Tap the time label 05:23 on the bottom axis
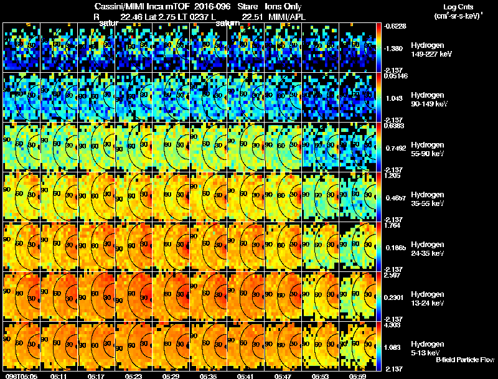(134, 376)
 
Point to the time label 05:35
(209, 376)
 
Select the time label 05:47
(283, 376)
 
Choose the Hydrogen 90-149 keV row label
(430, 100)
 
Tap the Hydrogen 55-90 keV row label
(428, 149)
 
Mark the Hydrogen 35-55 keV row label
(428, 199)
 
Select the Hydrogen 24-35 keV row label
(428, 249)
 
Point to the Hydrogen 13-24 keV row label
(428, 299)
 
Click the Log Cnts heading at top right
(459, 7)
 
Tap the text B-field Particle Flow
(464, 360)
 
